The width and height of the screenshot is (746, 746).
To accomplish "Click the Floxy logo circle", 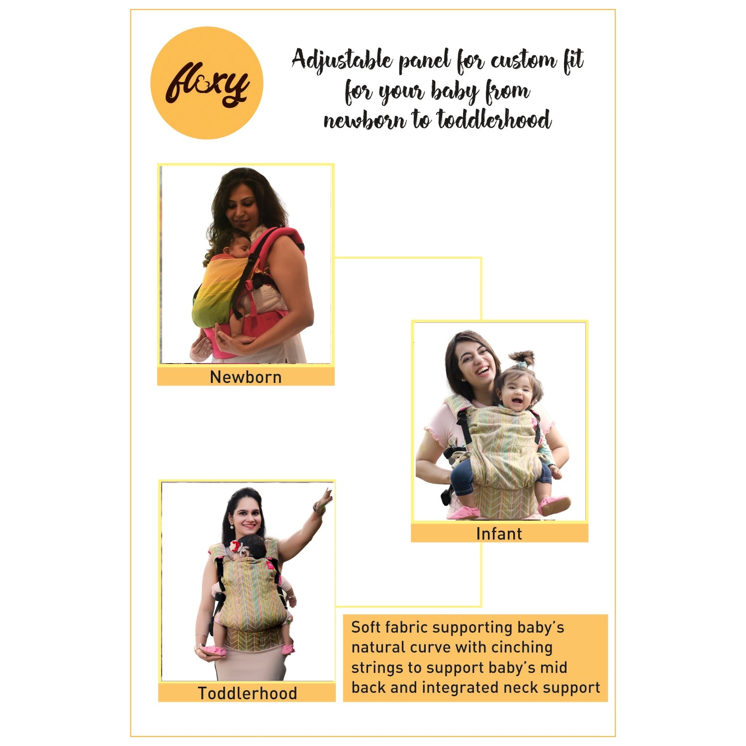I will (x=206, y=83).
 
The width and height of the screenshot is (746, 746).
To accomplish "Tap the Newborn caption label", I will (x=246, y=377).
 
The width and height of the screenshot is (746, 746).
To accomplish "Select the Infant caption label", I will (x=499, y=534).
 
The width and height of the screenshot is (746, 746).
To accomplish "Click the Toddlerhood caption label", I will (x=247, y=693).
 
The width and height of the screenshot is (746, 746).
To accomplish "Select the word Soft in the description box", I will (x=366, y=627).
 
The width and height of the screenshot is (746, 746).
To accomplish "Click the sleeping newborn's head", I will (x=236, y=245).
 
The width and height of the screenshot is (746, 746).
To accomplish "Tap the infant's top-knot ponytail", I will (x=523, y=359).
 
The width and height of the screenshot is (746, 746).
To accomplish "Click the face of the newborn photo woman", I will (x=241, y=209).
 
